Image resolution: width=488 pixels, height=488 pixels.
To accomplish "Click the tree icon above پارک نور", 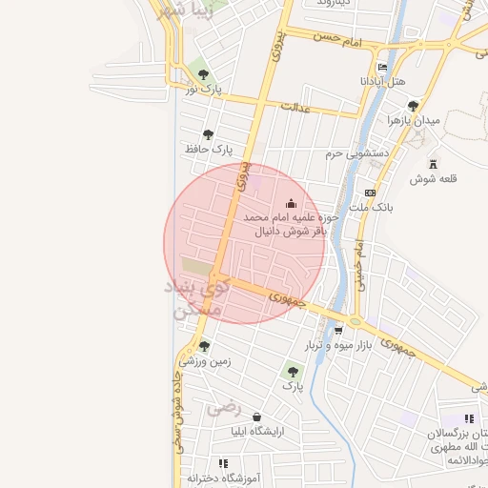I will coord(201,73).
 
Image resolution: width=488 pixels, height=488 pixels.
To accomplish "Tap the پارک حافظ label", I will coord(209,150).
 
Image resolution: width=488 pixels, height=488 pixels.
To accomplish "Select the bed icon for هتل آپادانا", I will coord(382,68).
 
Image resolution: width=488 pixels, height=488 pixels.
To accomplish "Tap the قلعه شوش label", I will coord(434,179).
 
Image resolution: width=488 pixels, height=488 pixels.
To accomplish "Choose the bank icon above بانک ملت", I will coord(371,192).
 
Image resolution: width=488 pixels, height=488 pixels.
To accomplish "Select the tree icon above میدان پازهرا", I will coord(413,106).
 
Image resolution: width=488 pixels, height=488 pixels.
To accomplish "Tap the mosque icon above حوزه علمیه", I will coord(291,203).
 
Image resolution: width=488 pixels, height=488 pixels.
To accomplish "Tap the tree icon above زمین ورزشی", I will coord(204,347).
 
